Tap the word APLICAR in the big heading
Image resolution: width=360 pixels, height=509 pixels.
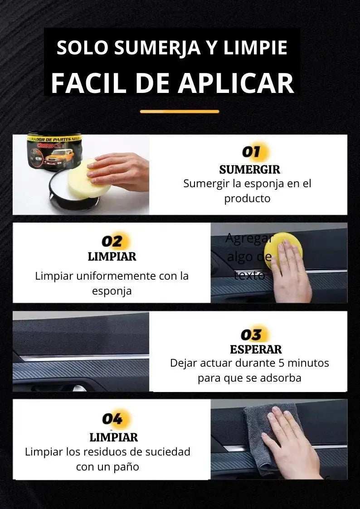[x=236, y=83]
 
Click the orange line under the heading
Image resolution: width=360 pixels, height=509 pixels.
[x=180, y=111]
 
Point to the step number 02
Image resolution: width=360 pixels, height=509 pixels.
[x=112, y=241]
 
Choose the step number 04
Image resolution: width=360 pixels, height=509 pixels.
[x=112, y=419]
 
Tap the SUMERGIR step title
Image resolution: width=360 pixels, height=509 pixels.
[x=249, y=170]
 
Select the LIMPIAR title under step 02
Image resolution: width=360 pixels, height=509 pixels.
[x=112, y=257]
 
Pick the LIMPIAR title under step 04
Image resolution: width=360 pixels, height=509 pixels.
[x=113, y=437]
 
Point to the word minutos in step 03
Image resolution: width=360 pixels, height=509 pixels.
[x=307, y=363]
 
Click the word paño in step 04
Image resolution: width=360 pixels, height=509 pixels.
[x=127, y=466]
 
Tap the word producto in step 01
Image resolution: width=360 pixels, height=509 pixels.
[x=247, y=199]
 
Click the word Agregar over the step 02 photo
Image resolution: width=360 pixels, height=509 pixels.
[x=249, y=238]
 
